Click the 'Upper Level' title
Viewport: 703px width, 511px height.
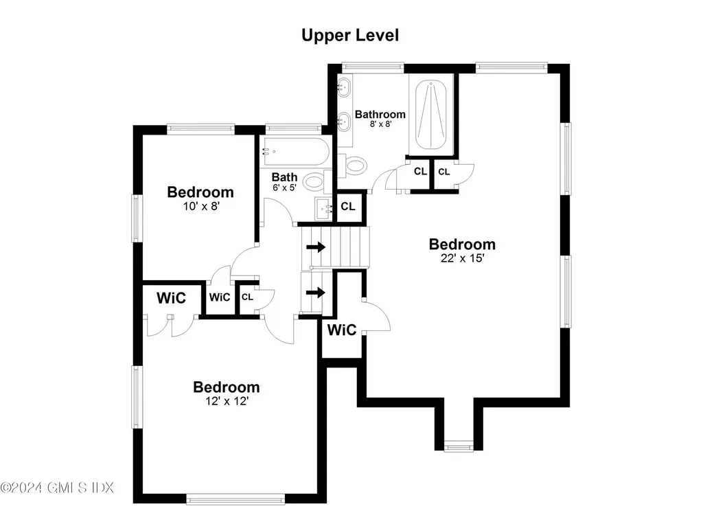[350, 35]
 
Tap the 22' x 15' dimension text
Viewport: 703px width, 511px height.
[462, 259]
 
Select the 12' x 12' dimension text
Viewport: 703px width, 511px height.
[226, 402]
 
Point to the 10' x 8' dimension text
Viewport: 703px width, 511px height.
[200, 205]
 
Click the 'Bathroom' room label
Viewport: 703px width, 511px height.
[380, 115]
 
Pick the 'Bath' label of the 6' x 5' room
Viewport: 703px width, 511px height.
[284, 177]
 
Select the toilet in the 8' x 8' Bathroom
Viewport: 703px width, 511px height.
[355, 165]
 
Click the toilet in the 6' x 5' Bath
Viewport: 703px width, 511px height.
[314, 181]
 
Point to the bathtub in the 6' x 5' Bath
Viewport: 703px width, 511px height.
[295, 152]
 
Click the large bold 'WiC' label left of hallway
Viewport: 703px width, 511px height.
[171, 298]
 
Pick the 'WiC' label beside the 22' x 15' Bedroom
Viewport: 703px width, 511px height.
[341, 330]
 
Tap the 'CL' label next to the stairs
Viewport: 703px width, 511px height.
[348, 206]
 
